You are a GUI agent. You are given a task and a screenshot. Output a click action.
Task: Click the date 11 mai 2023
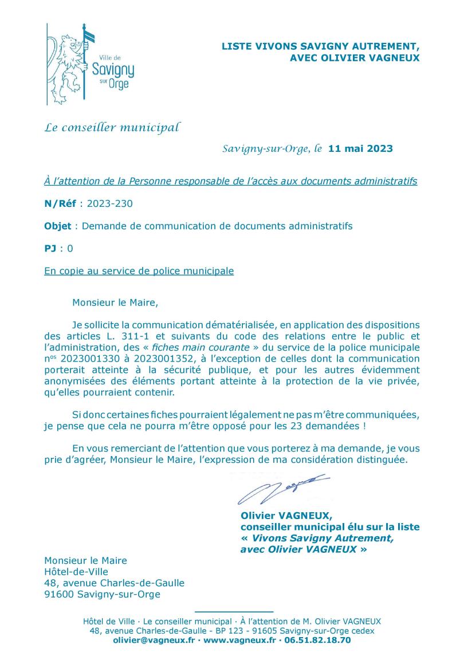point(360,149)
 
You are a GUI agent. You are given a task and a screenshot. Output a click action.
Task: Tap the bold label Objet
point(57,226)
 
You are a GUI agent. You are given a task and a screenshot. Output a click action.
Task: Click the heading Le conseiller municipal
point(112,127)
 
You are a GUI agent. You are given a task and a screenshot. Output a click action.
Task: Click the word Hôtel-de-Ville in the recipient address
point(76,571)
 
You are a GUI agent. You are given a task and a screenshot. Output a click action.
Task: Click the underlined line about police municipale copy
point(139,271)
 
